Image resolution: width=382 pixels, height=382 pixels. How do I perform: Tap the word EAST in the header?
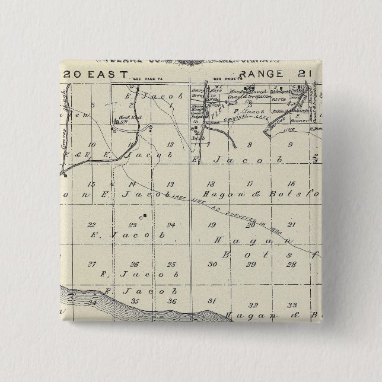108,74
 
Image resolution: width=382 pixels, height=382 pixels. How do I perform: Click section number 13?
170,184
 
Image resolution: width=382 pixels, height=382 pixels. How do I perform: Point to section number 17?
250,184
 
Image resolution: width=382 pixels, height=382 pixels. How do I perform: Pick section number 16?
291,184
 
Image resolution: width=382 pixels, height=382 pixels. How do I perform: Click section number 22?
91,225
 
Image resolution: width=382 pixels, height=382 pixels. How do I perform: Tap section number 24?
171,225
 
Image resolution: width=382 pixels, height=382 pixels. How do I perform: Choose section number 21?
291,225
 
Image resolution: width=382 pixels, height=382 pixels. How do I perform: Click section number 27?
91,264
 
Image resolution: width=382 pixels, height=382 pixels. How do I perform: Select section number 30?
212,264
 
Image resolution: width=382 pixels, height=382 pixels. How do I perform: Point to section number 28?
291,264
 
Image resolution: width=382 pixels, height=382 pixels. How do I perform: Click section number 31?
212,302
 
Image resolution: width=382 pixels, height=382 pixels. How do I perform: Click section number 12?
170,144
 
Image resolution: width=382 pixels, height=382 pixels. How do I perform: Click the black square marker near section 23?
145,216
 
